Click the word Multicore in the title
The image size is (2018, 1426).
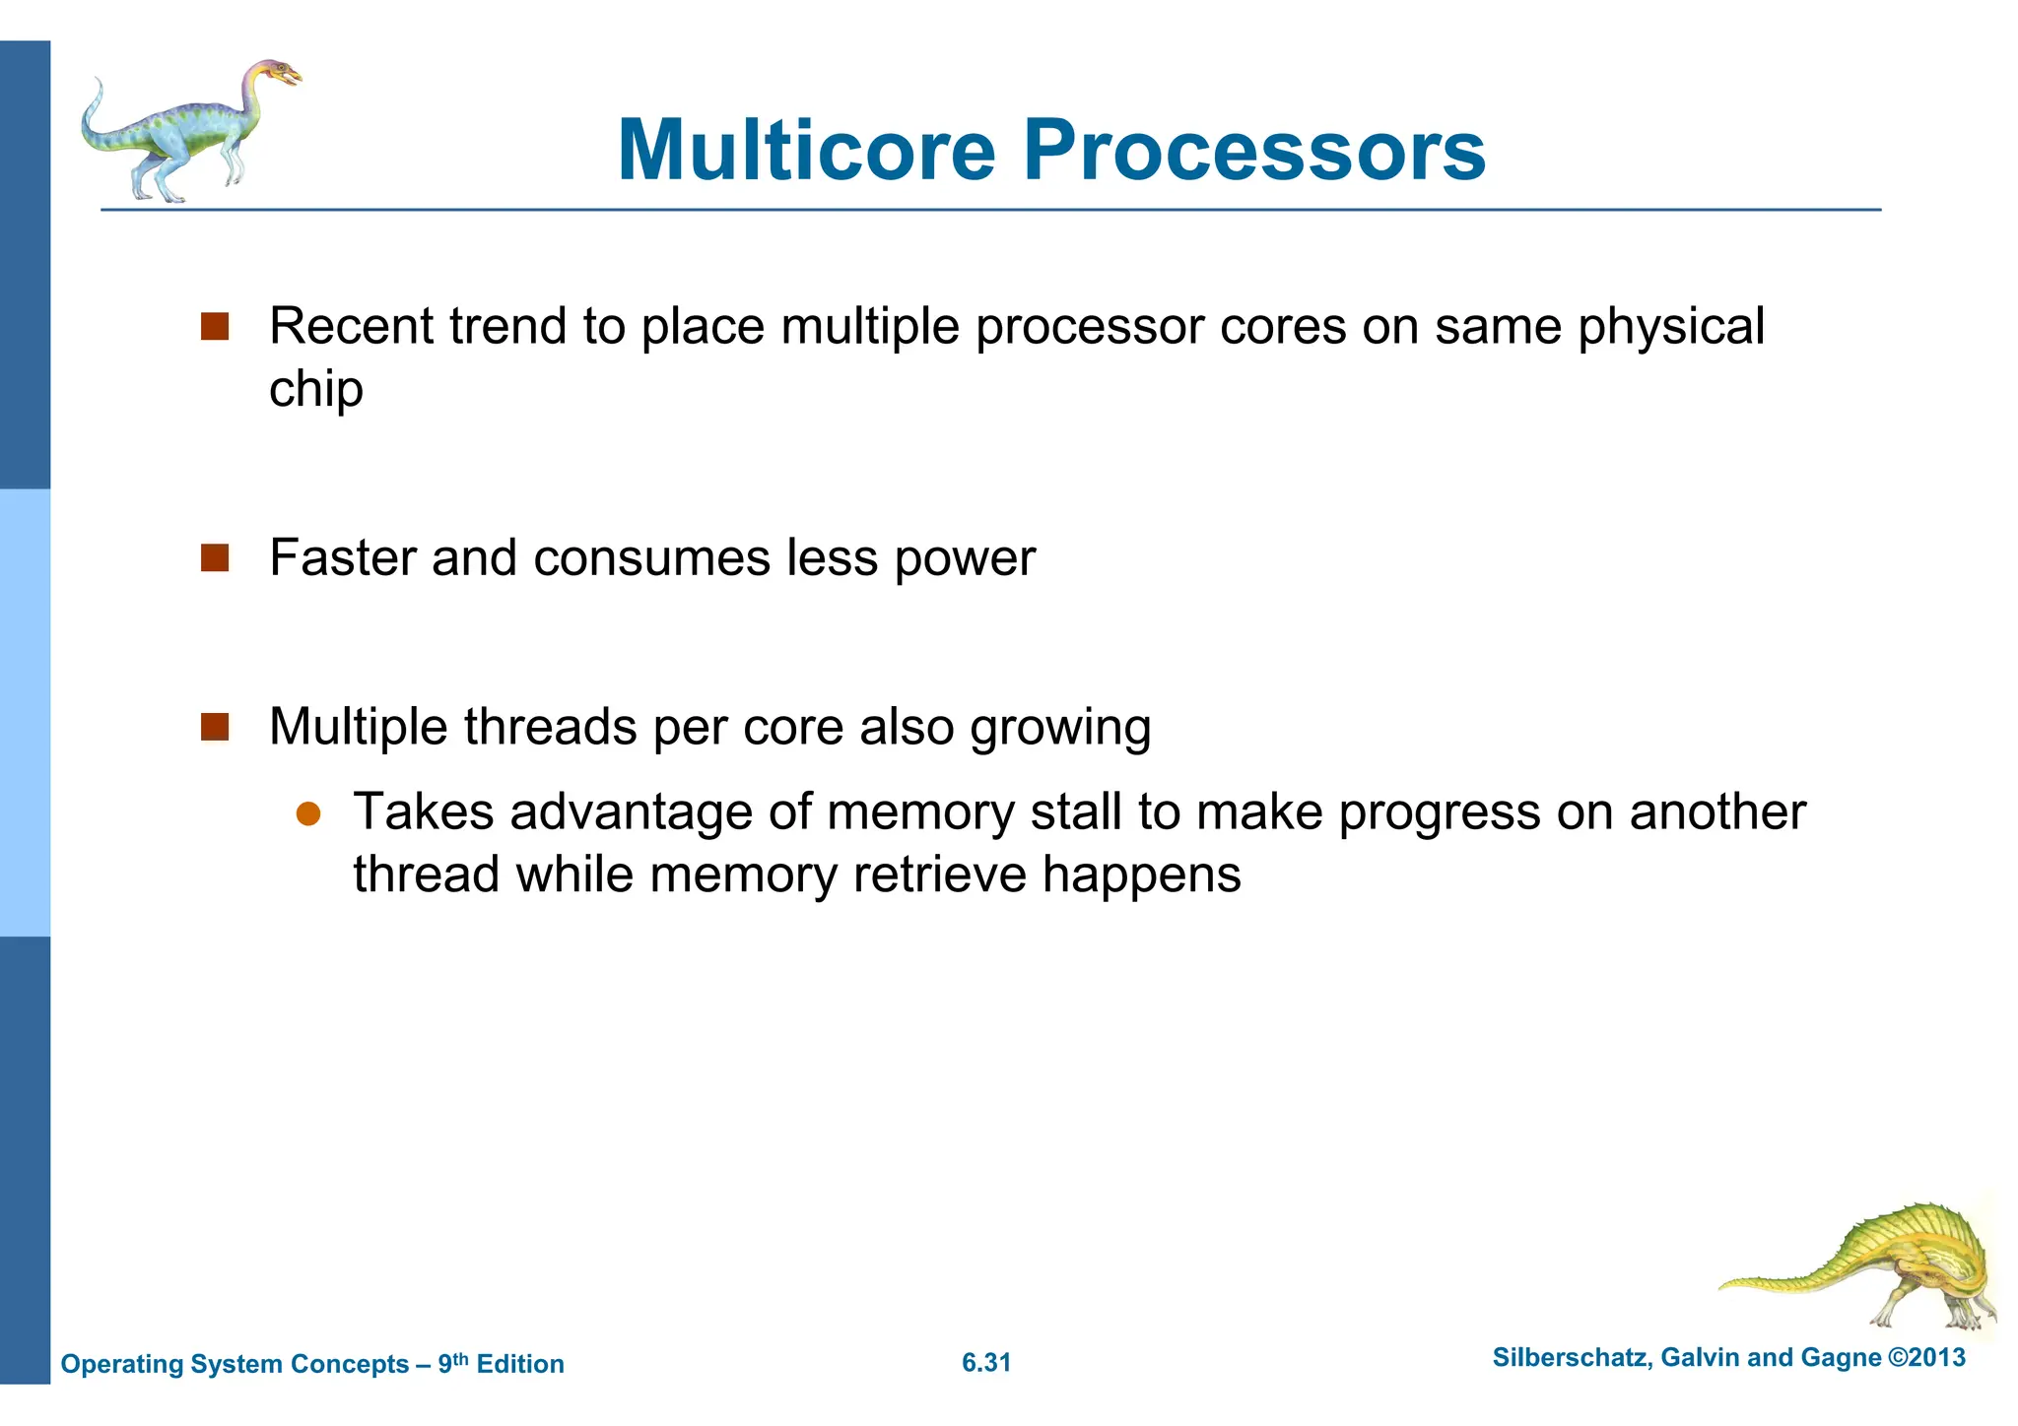click(806, 151)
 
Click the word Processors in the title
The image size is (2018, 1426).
click(1253, 151)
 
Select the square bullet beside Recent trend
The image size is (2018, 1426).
click(215, 327)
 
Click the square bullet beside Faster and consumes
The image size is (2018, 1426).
click(215, 558)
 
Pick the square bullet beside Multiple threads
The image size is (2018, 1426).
click(215, 728)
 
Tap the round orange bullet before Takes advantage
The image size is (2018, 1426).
click(308, 813)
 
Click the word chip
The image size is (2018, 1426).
click(315, 390)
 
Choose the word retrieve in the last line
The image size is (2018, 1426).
click(939, 875)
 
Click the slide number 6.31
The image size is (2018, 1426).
click(985, 1363)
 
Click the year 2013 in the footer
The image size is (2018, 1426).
click(1936, 1357)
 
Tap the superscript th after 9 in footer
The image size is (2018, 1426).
click(460, 1358)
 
